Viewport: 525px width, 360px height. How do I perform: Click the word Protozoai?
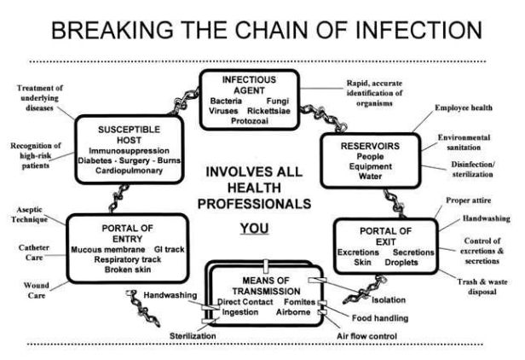tap(251, 122)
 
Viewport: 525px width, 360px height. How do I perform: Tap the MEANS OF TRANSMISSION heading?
tap(262, 285)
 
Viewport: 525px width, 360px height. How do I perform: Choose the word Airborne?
tap(293, 312)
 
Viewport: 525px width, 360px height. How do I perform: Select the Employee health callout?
tap(464, 108)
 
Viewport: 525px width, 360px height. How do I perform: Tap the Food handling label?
tap(373, 318)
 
